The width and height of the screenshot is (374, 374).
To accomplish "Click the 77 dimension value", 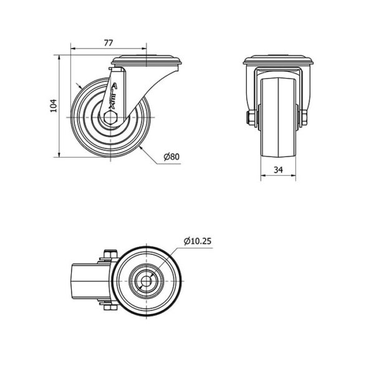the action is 108,43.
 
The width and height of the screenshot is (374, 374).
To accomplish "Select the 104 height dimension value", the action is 54,106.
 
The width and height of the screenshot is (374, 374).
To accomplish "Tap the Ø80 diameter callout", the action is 172,156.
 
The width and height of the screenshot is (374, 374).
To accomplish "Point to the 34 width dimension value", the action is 278,170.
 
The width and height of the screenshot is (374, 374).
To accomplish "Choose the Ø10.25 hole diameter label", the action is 198,241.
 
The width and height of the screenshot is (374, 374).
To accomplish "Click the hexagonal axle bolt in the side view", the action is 110,118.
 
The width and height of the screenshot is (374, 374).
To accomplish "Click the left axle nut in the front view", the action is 251,118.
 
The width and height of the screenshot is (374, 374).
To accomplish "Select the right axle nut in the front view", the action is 304,118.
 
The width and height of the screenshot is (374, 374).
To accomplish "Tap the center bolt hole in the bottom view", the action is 146,282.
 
